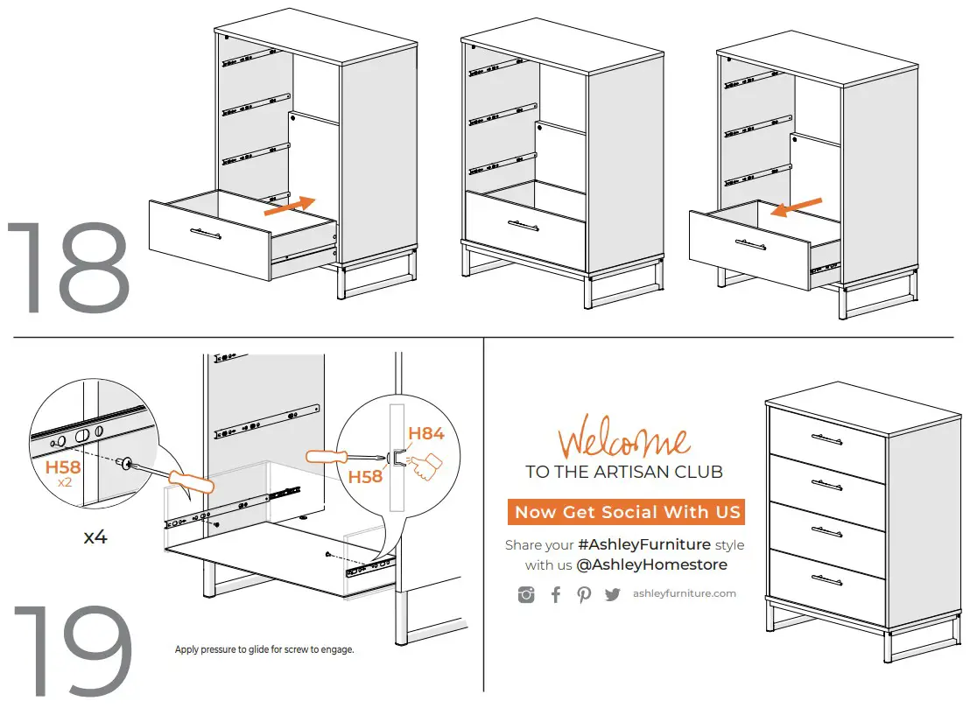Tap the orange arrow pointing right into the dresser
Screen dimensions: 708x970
[289, 206]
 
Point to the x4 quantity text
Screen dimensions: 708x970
[95, 537]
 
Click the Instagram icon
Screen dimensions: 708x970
[526, 595]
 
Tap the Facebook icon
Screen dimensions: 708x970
[555, 595]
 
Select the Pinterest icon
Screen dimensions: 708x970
[584, 595]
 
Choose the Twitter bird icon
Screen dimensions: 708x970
[612, 595]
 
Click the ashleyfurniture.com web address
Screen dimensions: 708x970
[684, 593]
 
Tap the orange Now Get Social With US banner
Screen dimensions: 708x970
[627, 512]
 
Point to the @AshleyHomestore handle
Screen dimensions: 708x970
[651, 565]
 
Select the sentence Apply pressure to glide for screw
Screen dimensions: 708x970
[264, 650]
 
